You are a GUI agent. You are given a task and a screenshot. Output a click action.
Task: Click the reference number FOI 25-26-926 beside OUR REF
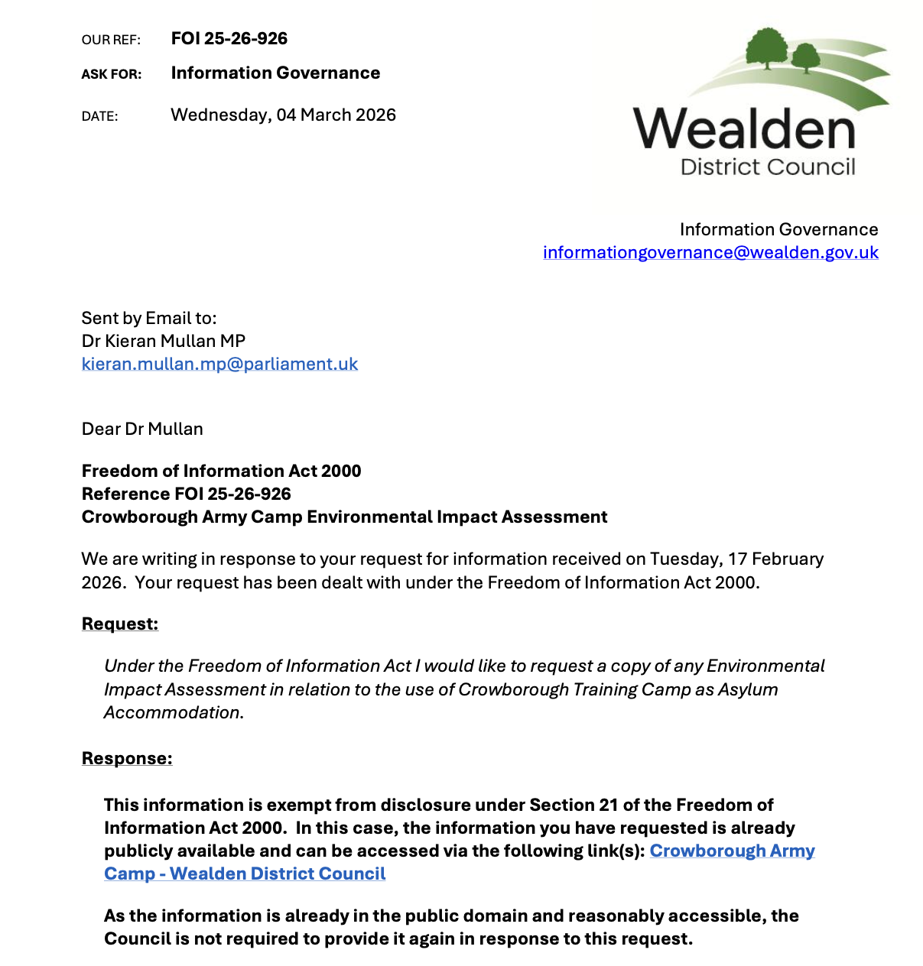(229, 39)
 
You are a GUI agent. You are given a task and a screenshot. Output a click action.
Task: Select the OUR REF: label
(111, 40)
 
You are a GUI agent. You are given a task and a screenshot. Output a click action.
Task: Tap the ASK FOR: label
(112, 74)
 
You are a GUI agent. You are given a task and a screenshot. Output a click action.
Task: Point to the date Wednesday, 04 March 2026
(283, 115)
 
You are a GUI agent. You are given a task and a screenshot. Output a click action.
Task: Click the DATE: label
(99, 116)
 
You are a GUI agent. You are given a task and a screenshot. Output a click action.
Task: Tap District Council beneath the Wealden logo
(768, 167)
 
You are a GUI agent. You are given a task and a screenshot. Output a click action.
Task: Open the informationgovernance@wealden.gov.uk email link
(710, 253)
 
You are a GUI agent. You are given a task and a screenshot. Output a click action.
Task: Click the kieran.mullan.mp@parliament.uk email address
(219, 365)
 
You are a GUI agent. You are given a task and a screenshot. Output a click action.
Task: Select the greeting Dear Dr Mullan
(142, 430)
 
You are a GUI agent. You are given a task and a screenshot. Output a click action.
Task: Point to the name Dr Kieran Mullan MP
(163, 342)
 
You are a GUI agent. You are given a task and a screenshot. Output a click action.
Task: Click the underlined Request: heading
(120, 624)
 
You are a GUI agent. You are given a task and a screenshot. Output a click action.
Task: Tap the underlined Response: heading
(127, 759)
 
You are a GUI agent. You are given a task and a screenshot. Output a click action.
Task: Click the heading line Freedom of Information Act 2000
(221, 472)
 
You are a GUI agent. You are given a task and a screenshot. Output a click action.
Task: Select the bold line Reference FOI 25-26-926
(186, 494)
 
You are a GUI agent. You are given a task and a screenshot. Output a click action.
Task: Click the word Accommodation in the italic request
(172, 713)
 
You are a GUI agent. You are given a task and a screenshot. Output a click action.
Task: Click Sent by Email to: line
(149, 319)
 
